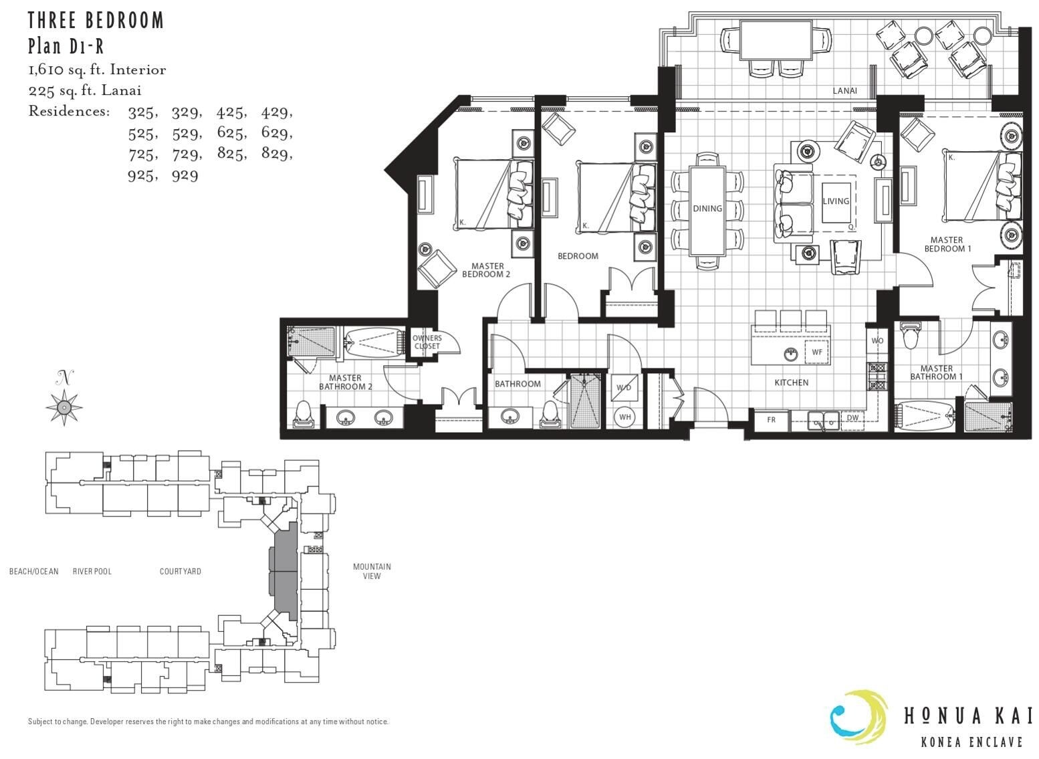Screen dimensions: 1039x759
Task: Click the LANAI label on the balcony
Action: (844, 91)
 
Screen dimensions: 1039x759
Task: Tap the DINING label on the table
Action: (707, 209)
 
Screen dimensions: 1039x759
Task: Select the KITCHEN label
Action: (792, 383)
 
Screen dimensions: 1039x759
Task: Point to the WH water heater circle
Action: (624, 417)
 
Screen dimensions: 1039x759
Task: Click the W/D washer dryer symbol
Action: (624, 387)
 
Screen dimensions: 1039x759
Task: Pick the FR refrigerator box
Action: (771, 420)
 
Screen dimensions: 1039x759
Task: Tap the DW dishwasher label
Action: (852, 417)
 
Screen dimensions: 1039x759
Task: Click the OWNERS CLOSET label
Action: (427, 342)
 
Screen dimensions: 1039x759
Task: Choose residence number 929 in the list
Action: (185, 176)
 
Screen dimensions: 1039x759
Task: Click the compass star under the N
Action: (64, 407)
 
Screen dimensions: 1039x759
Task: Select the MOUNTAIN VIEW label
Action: (372, 571)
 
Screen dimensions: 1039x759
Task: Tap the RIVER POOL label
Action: (92, 571)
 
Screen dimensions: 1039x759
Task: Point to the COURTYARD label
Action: (180, 571)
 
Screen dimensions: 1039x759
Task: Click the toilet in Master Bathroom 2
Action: (303, 415)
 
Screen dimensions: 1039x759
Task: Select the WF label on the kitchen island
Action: (817, 352)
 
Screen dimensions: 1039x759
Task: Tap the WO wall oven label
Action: (877, 340)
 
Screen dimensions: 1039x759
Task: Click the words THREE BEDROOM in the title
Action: (96, 21)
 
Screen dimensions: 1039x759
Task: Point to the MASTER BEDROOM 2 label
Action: (486, 270)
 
